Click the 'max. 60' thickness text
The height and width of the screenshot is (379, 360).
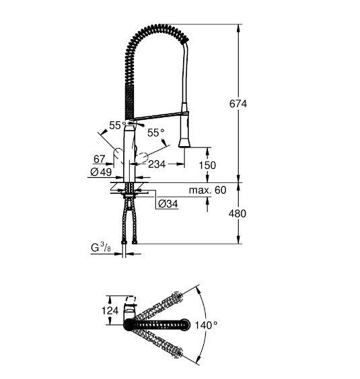(209, 191)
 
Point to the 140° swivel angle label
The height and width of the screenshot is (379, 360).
(206, 325)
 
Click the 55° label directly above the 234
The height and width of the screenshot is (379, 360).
(156, 134)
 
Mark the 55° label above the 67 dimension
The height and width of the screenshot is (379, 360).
(118, 125)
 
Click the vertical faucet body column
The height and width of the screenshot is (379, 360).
(129, 155)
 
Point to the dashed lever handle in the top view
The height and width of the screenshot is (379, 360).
(134, 302)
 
